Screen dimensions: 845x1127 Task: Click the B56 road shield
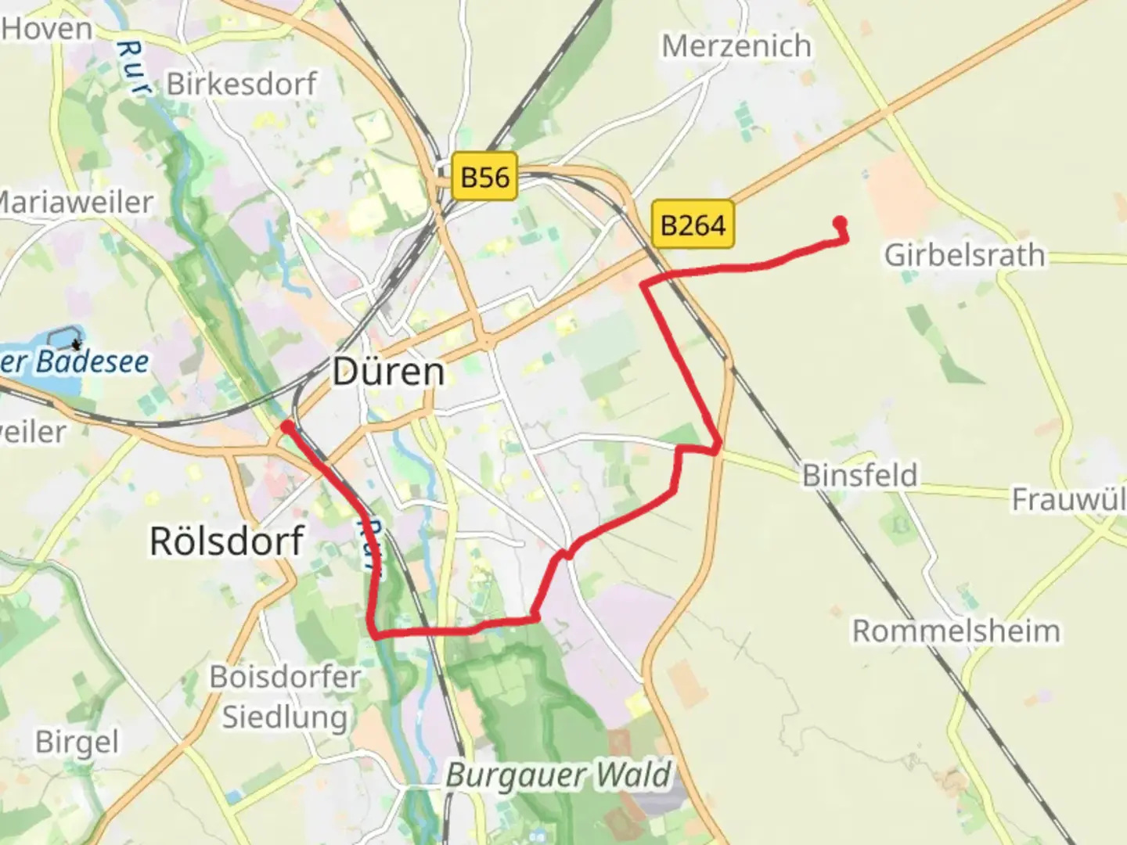[485, 177]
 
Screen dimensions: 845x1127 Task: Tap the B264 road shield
[693, 225]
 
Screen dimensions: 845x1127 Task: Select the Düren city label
[388, 371]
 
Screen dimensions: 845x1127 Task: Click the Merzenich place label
[736, 46]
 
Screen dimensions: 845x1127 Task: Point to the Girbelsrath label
[964, 255]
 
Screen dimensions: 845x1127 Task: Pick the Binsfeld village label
[859, 475]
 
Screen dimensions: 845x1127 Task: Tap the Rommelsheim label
[956, 631]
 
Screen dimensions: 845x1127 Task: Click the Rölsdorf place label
[226, 541]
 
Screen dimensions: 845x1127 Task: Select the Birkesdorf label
[242, 84]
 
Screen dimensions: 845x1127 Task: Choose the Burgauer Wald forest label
[559, 775]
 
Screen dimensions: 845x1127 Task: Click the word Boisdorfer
[285, 677]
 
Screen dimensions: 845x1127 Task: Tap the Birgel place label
[77, 742]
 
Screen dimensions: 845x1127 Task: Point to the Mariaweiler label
[77, 202]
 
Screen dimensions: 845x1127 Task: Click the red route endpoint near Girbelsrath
[841, 222]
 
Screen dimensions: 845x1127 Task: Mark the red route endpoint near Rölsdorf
[287, 426]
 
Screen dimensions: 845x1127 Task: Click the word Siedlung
[285, 717]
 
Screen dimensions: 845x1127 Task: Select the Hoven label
[47, 30]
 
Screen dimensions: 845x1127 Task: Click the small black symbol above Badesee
[76, 343]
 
